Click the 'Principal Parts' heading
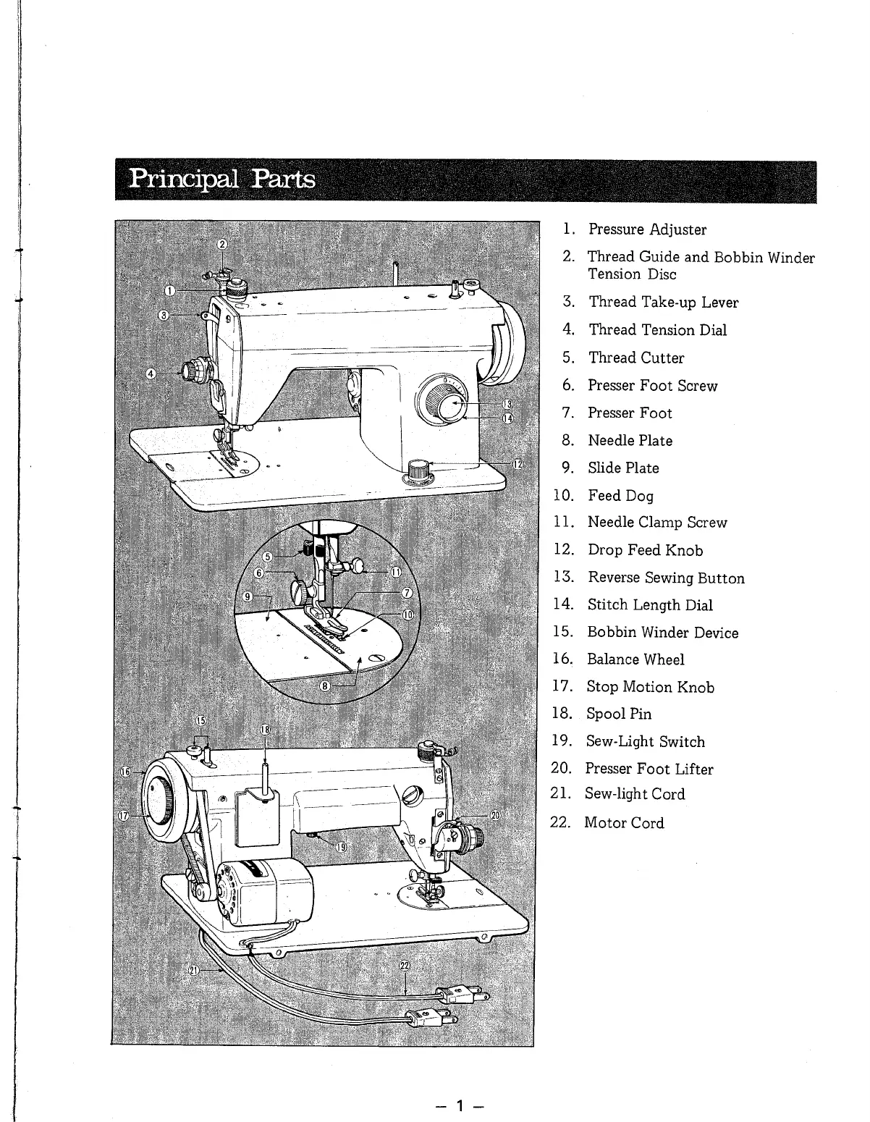click(221, 178)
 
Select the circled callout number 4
click(151, 374)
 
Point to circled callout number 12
click(518, 464)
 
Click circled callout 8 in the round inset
click(325, 686)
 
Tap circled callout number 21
click(194, 971)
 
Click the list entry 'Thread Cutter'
click(635, 358)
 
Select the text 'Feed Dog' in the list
click(620, 496)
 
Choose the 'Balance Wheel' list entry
click(635, 659)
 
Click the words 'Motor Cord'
click(623, 822)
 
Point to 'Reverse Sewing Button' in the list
click(665, 578)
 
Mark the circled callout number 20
click(494, 816)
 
